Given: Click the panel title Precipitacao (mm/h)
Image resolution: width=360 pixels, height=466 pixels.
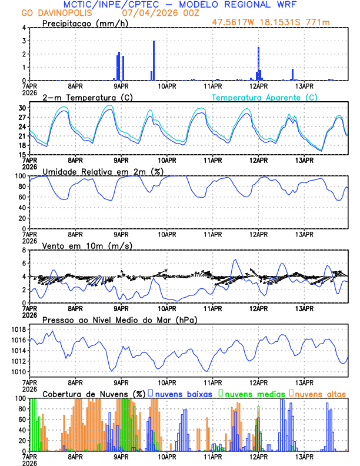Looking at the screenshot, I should [86, 24].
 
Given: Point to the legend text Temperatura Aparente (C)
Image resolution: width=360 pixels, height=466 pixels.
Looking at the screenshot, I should [264, 97].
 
